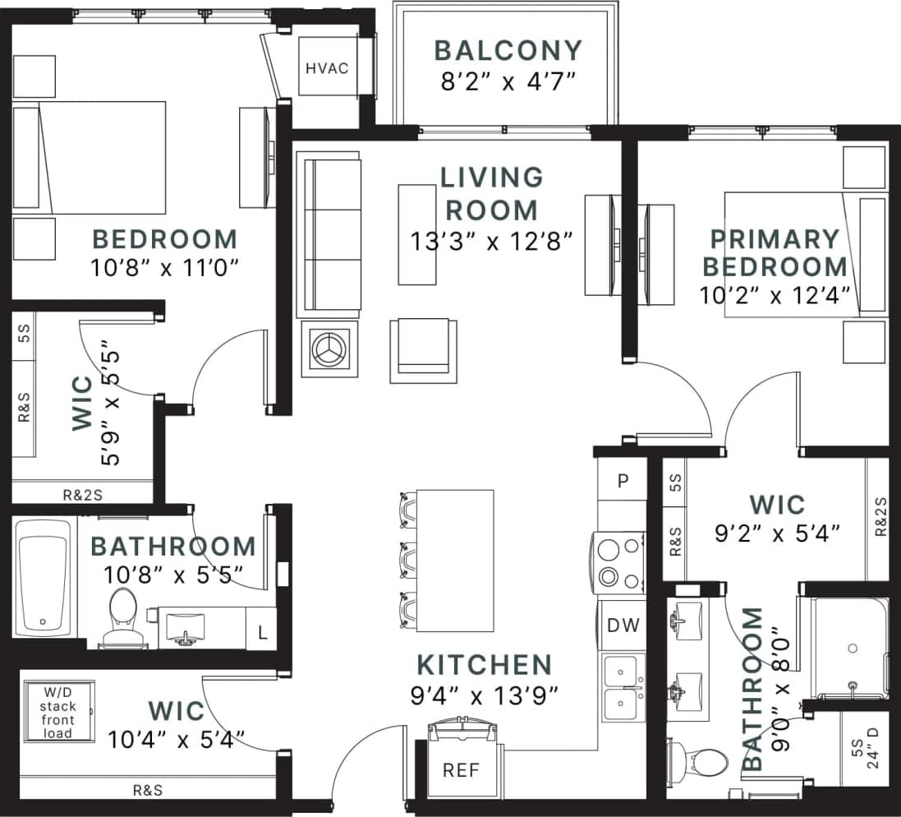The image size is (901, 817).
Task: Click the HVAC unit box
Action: pyautogui.click(x=327, y=67)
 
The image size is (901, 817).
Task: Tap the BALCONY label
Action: pyautogui.click(x=507, y=50)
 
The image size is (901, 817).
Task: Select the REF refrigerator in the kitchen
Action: pyautogui.click(x=461, y=770)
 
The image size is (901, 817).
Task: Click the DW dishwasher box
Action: pyautogui.click(x=623, y=625)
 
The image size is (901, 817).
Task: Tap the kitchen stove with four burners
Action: pyautogui.click(x=620, y=561)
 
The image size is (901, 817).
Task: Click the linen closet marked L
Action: pyautogui.click(x=262, y=632)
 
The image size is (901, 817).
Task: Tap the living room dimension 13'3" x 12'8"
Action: pyautogui.click(x=491, y=241)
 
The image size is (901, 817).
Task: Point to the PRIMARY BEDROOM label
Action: pyautogui.click(x=775, y=252)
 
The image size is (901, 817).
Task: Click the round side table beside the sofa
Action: pyautogui.click(x=329, y=348)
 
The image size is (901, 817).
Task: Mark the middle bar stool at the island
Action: pyautogui.click(x=408, y=561)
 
